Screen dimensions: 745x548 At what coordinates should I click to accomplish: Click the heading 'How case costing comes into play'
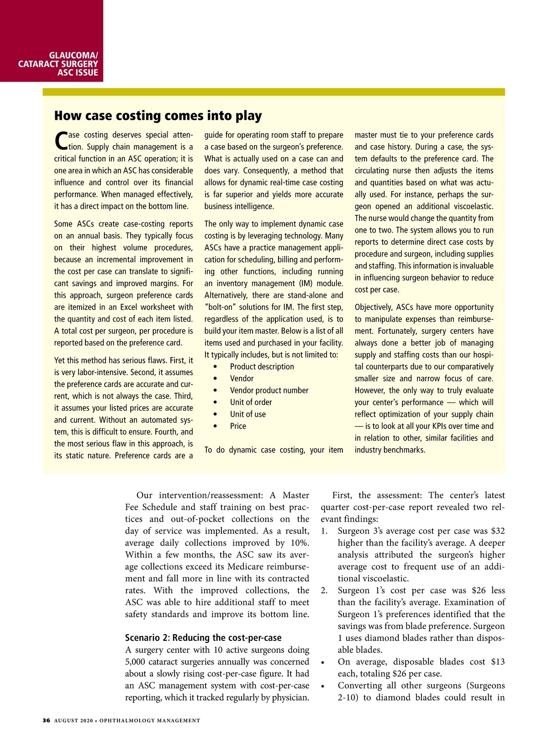click(158, 116)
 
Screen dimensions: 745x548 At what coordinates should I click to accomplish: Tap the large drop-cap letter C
click(61, 141)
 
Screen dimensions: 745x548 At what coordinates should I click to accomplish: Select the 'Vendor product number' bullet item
click(269, 390)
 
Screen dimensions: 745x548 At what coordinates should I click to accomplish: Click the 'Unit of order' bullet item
click(251, 402)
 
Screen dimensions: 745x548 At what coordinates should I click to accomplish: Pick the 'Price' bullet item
click(238, 426)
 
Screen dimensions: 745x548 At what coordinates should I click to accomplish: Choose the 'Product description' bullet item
click(262, 366)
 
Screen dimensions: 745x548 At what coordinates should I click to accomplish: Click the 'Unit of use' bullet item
click(248, 414)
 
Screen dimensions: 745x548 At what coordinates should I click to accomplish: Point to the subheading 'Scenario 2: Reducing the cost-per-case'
click(203, 638)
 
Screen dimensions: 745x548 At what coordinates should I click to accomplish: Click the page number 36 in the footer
click(46, 720)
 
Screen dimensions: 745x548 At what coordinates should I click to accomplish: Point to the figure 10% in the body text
click(299, 543)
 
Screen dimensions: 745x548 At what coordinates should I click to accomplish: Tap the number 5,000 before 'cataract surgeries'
click(135, 661)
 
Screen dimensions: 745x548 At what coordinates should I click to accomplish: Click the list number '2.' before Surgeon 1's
click(324, 590)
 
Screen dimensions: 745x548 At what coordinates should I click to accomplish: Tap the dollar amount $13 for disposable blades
click(498, 661)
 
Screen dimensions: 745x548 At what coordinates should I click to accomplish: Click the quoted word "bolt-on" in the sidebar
click(220, 307)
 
